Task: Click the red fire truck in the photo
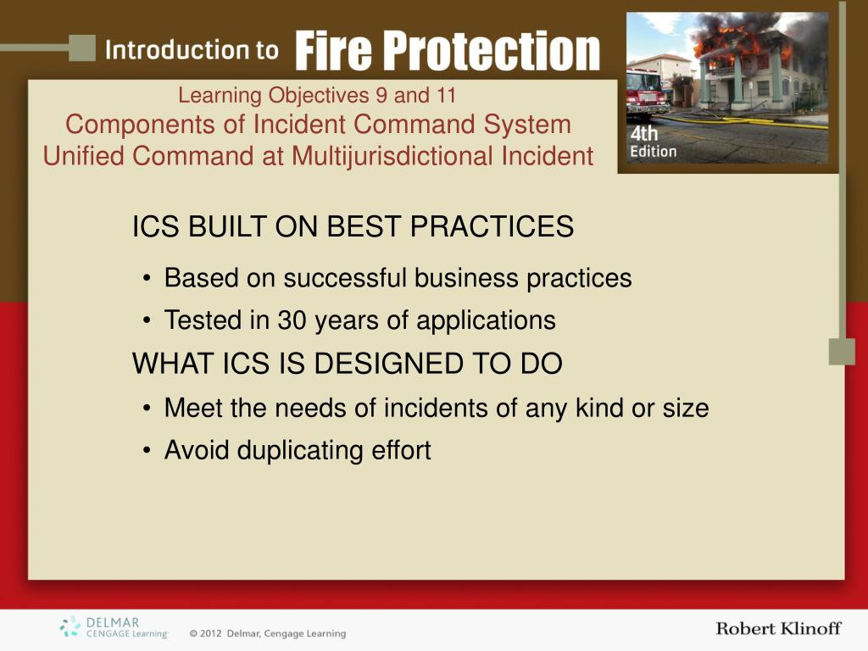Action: tap(645, 93)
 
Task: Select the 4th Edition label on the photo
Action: tap(654, 142)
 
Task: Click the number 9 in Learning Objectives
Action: tap(381, 95)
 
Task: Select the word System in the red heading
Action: tap(527, 125)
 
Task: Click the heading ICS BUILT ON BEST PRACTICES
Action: tap(353, 226)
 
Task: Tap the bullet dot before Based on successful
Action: tap(146, 278)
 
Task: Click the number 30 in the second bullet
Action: tap(292, 320)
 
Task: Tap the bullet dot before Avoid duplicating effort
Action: tap(146, 451)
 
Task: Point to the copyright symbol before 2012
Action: tap(193, 633)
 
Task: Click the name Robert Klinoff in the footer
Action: tap(778, 628)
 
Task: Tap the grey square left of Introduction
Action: tap(82, 48)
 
